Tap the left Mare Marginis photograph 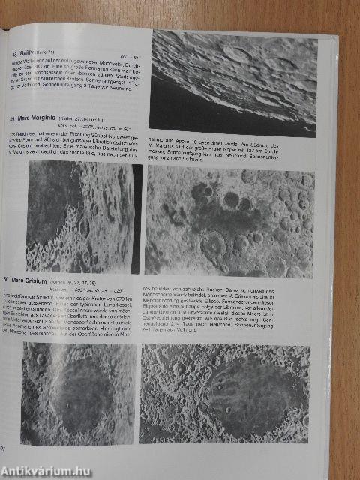(79, 217)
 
